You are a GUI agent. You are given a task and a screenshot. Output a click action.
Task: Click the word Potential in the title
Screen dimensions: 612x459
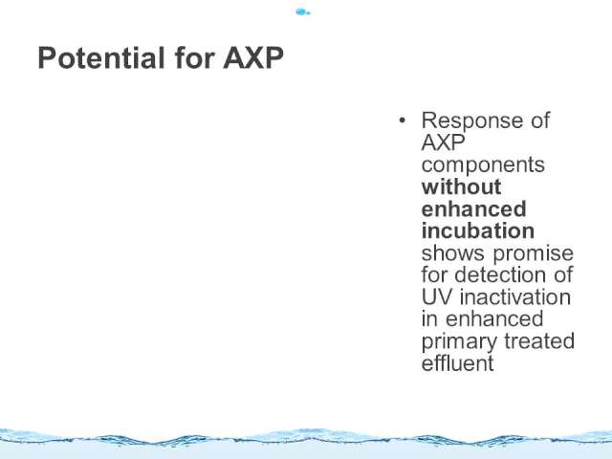pyautogui.click(x=101, y=58)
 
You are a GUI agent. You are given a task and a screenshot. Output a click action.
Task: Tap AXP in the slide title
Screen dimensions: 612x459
pyautogui.click(x=253, y=58)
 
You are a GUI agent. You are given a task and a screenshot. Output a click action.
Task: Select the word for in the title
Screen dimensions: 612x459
pyautogui.click(x=194, y=58)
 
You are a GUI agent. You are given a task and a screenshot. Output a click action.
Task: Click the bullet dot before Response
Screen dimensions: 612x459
pyautogui.click(x=403, y=120)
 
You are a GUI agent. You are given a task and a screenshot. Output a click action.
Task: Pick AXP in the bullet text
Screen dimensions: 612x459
pyautogui.click(x=443, y=142)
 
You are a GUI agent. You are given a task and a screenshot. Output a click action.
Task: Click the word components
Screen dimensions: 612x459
pyautogui.click(x=483, y=164)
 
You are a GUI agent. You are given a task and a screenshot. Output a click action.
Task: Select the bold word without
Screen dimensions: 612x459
pyautogui.click(x=461, y=186)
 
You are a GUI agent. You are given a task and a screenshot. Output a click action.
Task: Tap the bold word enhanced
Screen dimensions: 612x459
pyautogui.click(x=474, y=208)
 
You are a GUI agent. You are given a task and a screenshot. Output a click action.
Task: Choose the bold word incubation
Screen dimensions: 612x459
pyautogui.click(x=478, y=230)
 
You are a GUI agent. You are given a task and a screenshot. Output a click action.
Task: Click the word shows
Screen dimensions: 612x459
pyautogui.click(x=453, y=252)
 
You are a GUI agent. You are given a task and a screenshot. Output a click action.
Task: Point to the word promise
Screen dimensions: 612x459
pyautogui.click(x=534, y=253)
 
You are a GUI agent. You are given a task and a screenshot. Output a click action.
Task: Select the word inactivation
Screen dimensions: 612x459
pyautogui.click(x=515, y=297)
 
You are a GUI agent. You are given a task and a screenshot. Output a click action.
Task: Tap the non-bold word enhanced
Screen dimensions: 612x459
pyautogui.click(x=494, y=318)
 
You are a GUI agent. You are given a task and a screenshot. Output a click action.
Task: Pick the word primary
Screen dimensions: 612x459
pyautogui.click(x=459, y=342)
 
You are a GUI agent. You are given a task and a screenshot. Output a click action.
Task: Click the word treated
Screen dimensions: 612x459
pyautogui.click(x=539, y=341)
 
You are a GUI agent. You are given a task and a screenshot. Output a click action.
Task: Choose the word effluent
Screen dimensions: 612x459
pyautogui.click(x=458, y=363)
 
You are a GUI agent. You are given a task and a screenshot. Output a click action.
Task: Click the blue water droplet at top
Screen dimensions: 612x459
pyautogui.click(x=302, y=12)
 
